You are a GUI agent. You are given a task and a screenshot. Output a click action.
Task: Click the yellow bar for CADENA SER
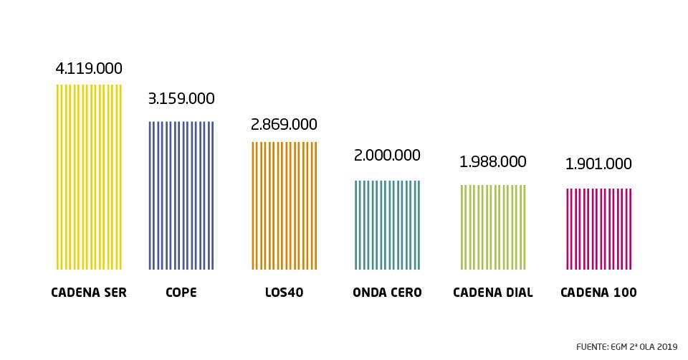coord(89,177)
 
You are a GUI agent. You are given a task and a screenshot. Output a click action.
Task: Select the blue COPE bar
coord(181,195)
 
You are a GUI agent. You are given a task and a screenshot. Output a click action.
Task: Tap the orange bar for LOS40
coord(284,206)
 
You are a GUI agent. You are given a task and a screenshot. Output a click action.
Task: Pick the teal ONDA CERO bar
coord(387,224)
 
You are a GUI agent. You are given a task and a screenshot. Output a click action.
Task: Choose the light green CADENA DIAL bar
coord(493,227)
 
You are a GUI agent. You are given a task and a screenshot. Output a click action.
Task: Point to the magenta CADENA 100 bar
coord(598,229)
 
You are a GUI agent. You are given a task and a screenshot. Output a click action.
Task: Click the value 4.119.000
coord(89,69)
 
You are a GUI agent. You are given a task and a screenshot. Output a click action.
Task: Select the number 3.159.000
coord(181,99)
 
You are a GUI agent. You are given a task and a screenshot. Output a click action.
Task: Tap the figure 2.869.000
coord(284,124)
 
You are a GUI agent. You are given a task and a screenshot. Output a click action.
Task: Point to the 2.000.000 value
coord(387,156)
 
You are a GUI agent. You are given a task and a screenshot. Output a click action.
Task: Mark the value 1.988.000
coord(493,161)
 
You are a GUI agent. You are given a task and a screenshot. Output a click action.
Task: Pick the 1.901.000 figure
coord(598,164)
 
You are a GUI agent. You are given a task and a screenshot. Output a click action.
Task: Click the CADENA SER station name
coord(89,293)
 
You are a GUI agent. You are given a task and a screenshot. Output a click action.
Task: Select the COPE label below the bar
coord(180,293)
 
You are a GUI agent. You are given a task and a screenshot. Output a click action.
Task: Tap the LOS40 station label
coord(284,293)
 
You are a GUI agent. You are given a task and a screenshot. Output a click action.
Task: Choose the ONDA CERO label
coord(387,293)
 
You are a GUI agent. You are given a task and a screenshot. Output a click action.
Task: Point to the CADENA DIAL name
coord(493,293)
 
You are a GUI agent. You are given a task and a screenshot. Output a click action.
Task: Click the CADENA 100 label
coord(598,293)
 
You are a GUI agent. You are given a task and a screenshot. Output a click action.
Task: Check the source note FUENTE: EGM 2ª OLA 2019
coord(626,346)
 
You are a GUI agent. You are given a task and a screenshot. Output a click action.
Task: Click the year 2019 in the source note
coord(667,346)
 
